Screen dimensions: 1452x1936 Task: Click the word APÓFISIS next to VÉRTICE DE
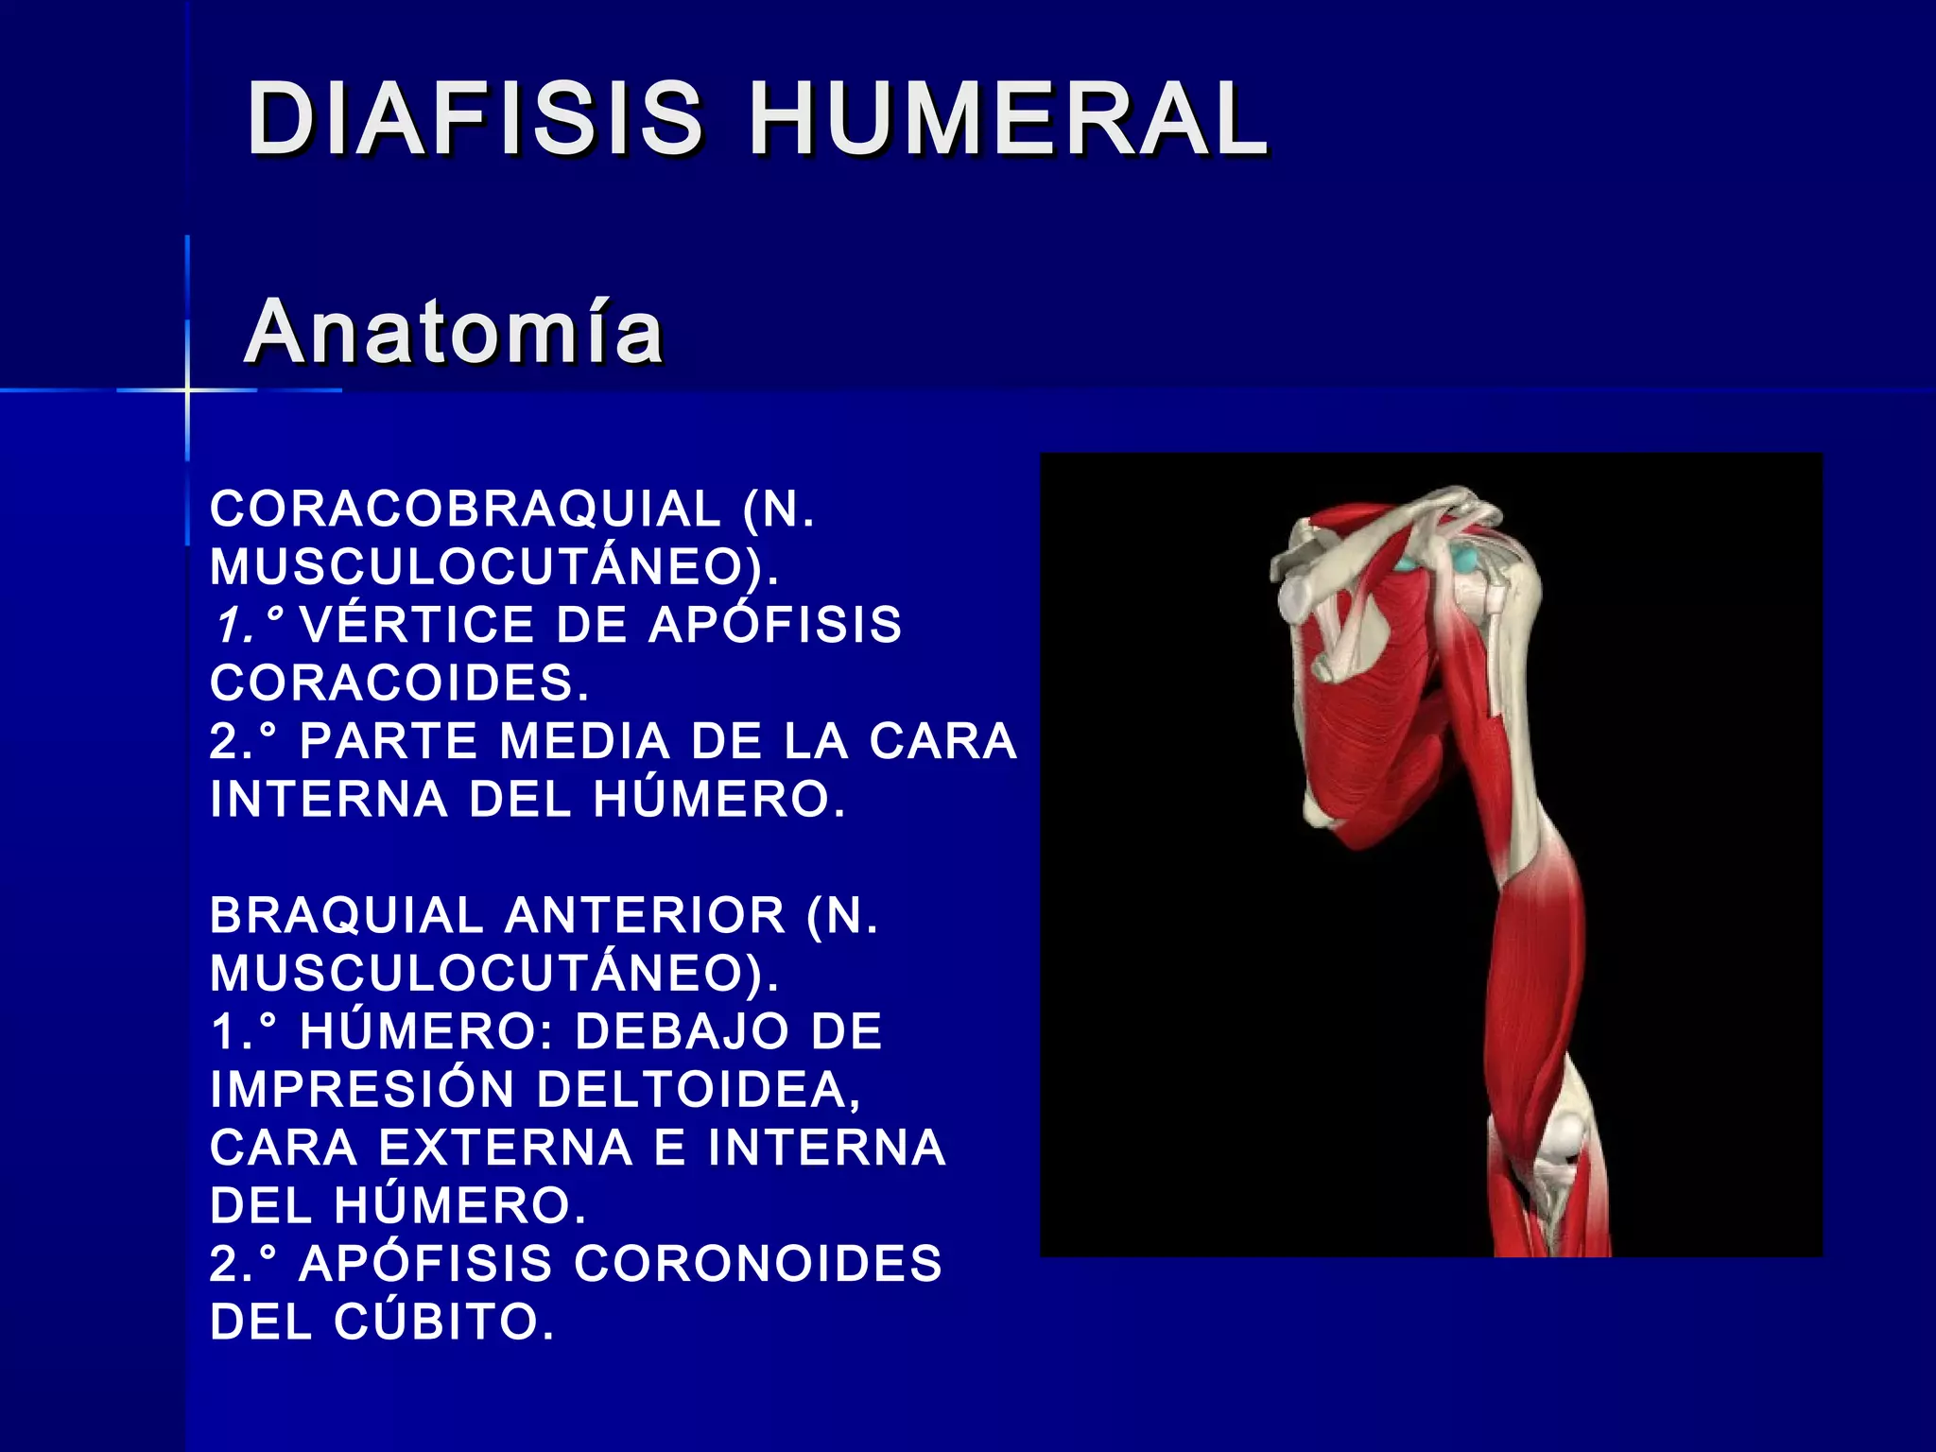(775, 625)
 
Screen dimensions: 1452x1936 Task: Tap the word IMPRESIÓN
(362, 1089)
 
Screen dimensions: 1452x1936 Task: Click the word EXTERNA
(505, 1148)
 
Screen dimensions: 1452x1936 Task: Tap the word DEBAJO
(681, 1031)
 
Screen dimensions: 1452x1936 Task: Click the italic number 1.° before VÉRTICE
(248, 625)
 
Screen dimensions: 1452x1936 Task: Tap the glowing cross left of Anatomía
(187, 389)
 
